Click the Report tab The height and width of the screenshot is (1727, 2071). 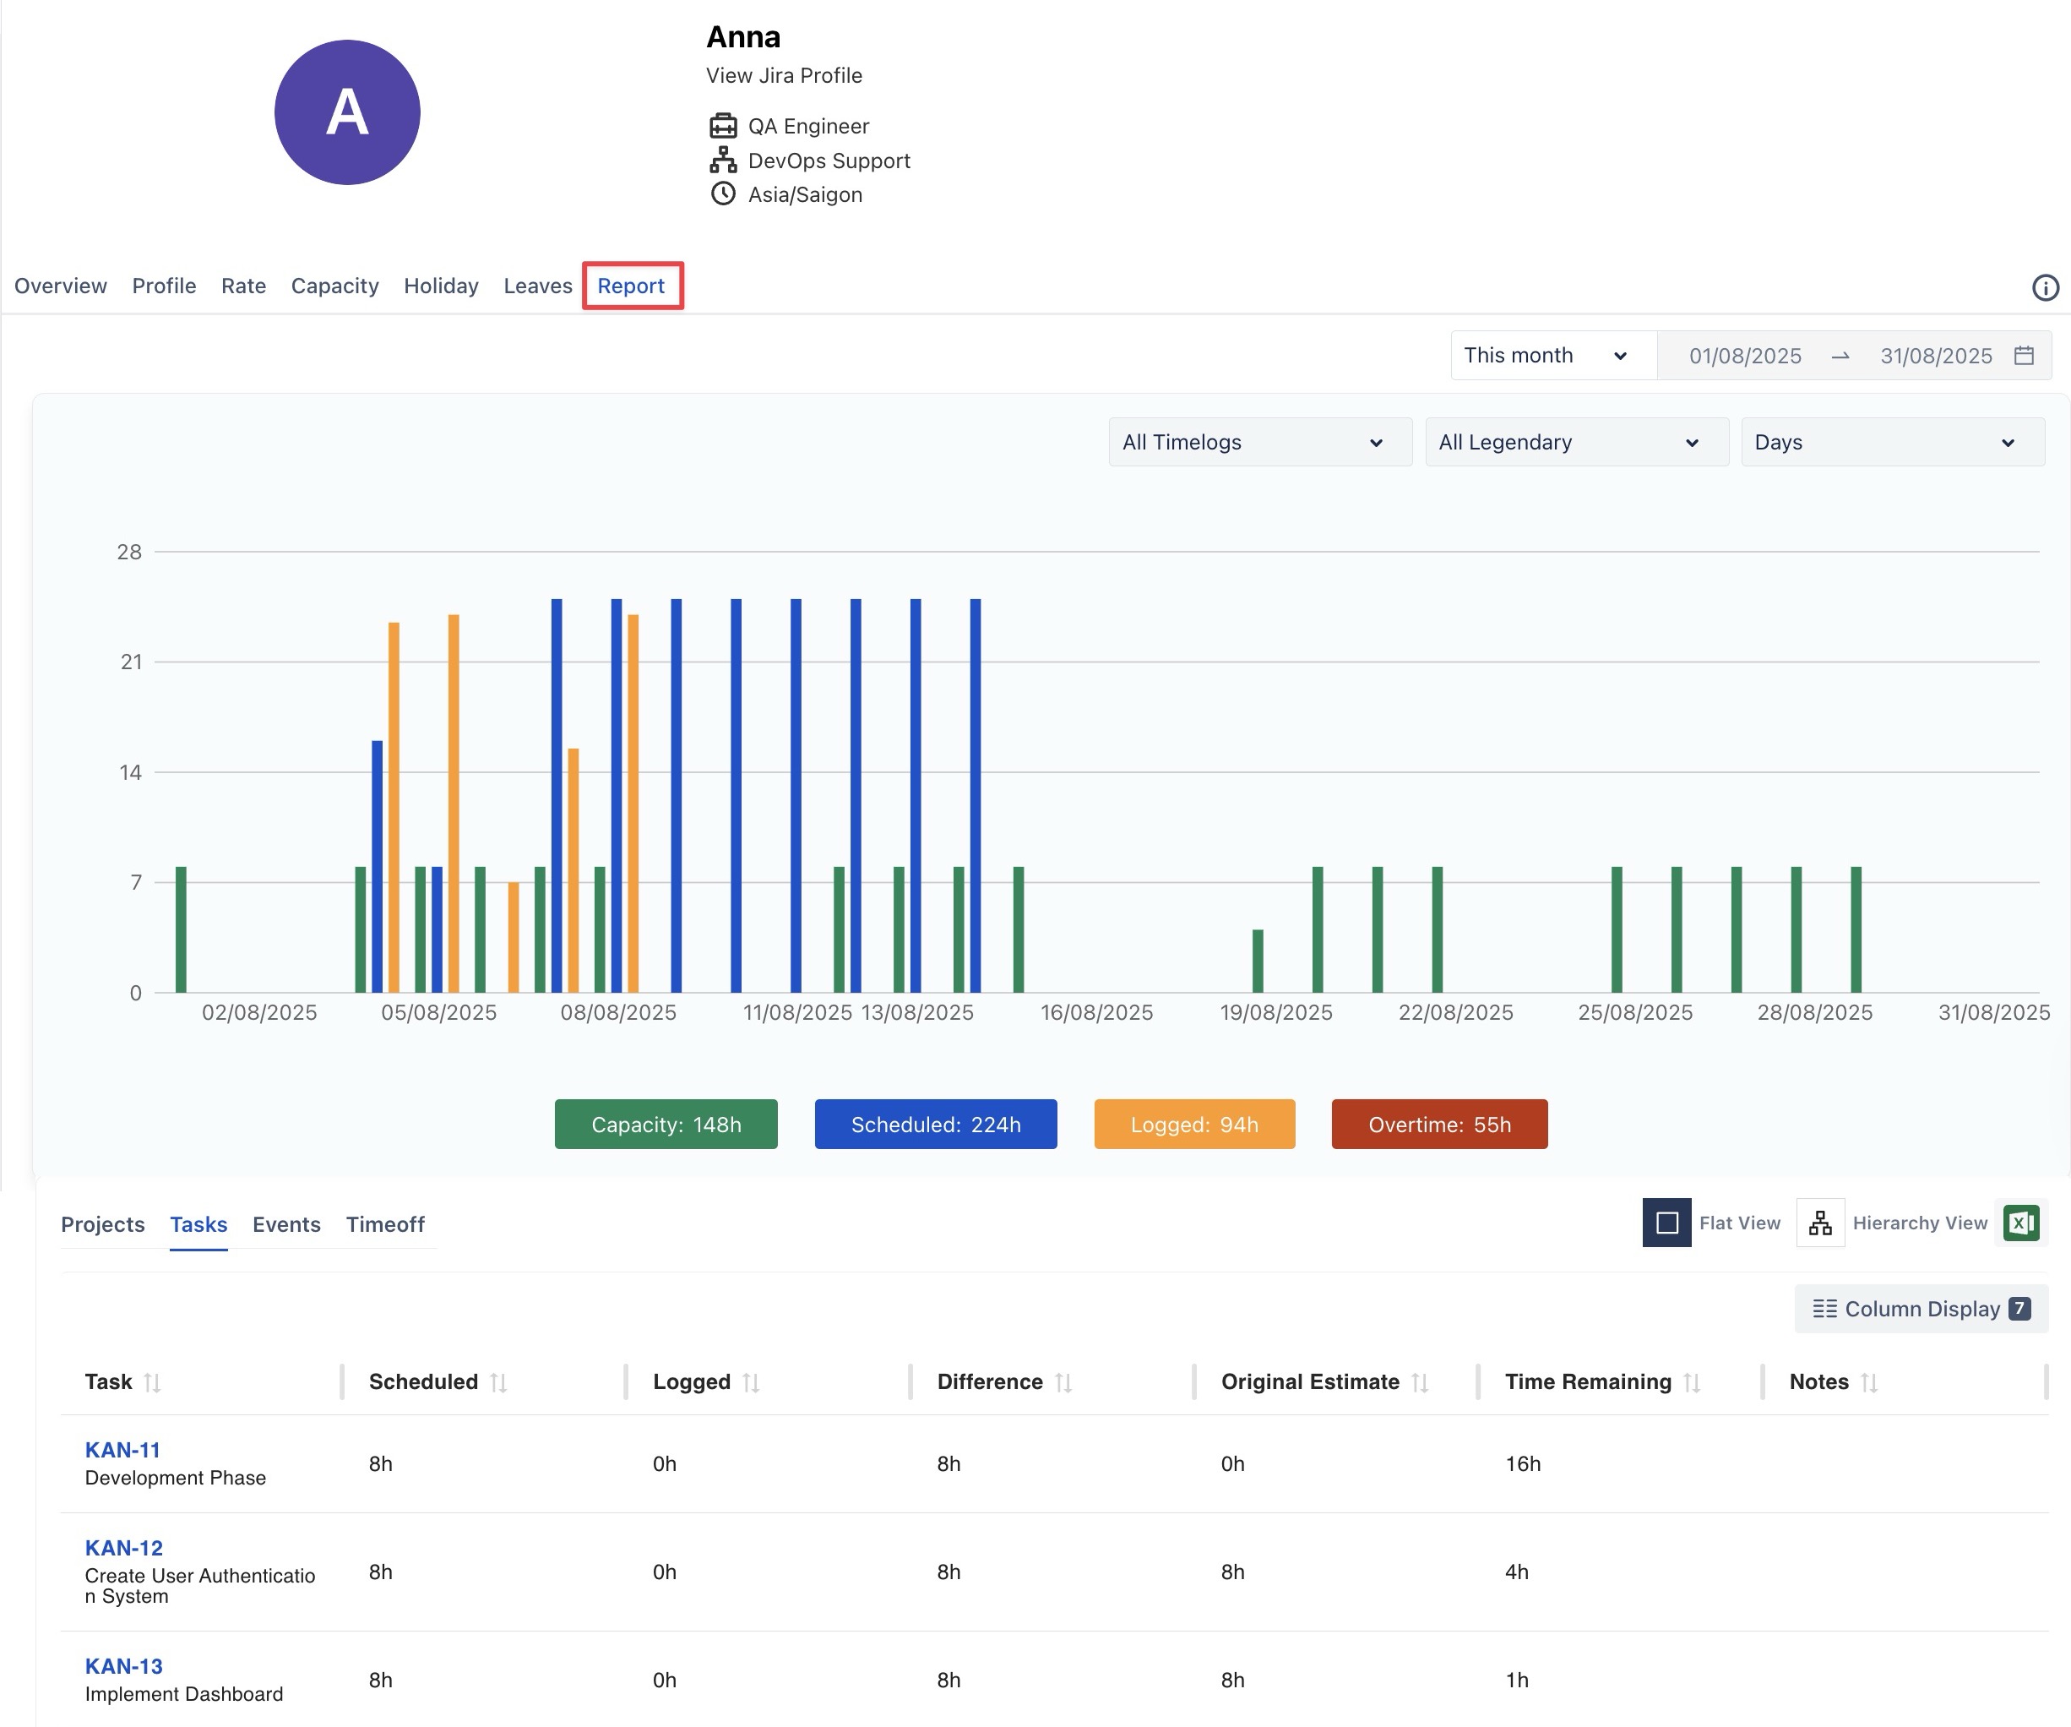[x=631, y=286]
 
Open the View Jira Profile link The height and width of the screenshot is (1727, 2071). [x=784, y=76]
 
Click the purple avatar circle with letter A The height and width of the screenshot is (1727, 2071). [x=347, y=112]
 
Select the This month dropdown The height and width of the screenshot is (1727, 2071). [x=1544, y=356]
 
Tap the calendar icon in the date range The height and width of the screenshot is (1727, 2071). [x=2024, y=356]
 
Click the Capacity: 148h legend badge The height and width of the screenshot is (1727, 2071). [x=666, y=1125]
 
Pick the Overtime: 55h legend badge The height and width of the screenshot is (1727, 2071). [x=1439, y=1125]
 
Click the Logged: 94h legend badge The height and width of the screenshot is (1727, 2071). [x=1193, y=1125]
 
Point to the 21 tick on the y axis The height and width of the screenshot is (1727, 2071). [x=131, y=662]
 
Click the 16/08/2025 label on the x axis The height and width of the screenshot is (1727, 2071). [x=1096, y=1013]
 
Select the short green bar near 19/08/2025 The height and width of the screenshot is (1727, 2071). [x=1258, y=961]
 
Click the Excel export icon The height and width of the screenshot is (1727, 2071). [x=2020, y=1223]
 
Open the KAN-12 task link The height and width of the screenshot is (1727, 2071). [x=123, y=1549]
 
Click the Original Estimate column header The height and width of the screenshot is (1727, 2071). [x=1310, y=1381]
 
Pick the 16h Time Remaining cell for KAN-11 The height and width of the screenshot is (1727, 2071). [x=1523, y=1463]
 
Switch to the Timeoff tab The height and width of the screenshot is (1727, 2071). [x=384, y=1224]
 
